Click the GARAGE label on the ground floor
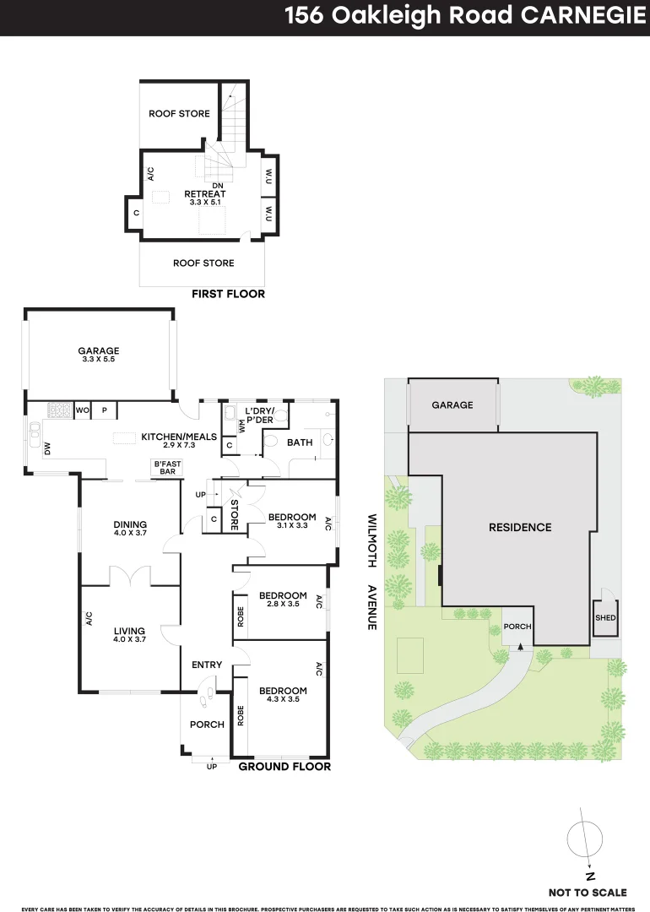99,350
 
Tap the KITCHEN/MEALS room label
179,437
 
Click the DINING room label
130,524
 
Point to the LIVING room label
130,631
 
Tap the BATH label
300,442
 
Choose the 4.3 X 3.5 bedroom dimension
283,700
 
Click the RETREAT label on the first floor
205,193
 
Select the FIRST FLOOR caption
229,294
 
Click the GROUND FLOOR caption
284,767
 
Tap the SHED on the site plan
605,618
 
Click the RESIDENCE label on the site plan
520,527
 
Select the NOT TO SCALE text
588,892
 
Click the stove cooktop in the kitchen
60,411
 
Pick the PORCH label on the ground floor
207,725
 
